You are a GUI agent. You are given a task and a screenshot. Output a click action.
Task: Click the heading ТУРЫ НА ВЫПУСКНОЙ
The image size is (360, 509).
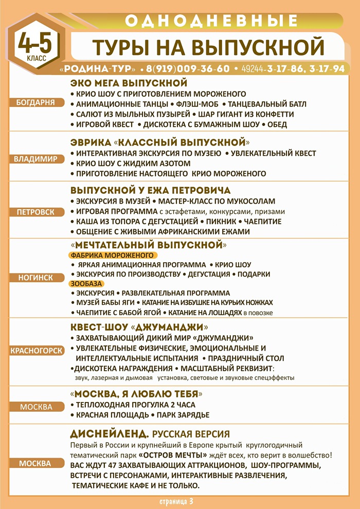tap(208, 46)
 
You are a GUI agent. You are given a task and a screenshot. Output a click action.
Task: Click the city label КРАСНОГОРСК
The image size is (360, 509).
tap(36, 351)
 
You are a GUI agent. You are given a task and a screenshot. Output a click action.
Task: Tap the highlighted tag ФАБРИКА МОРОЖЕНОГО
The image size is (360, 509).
tap(113, 255)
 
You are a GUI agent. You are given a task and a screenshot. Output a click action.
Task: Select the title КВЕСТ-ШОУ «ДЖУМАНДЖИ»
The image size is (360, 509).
tap(139, 327)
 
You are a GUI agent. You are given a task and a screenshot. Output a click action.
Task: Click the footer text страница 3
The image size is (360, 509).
tap(176, 500)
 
